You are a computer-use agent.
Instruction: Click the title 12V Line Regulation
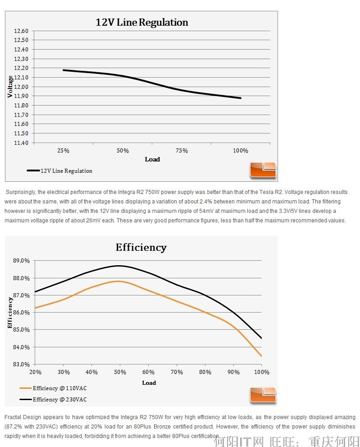click(x=141, y=23)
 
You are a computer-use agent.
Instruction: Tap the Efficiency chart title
click(x=141, y=247)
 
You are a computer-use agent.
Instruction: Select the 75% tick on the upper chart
click(x=182, y=151)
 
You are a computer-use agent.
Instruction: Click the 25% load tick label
click(x=64, y=151)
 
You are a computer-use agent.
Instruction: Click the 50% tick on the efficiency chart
click(x=120, y=372)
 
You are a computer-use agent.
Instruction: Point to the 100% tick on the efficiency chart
click(x=262, y=372)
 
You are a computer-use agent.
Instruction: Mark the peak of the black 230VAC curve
click(x=119, y=266)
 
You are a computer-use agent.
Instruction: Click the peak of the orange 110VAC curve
click(x=118, y=281)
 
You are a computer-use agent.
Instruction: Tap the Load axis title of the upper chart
click(x=152, y=159)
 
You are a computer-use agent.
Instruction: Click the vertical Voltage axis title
click(x=10, y=87)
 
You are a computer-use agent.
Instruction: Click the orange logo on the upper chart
click(x=263, y=170)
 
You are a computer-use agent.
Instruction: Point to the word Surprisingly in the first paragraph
click(x=22, y=192)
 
